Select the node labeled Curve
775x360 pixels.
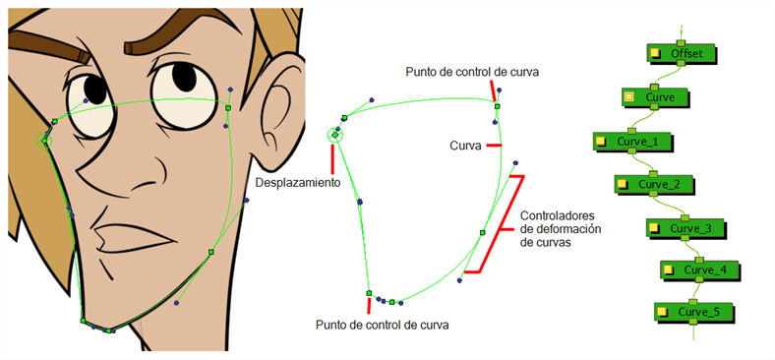(x=653, y=97)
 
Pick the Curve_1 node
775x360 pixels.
(x=630, y=142)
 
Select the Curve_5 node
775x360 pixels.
(x=691, y=312)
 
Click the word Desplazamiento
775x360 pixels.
(x=297, y=183)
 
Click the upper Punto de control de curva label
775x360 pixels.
(x=472, y=72)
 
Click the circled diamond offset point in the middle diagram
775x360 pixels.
(x=335, y=135)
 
